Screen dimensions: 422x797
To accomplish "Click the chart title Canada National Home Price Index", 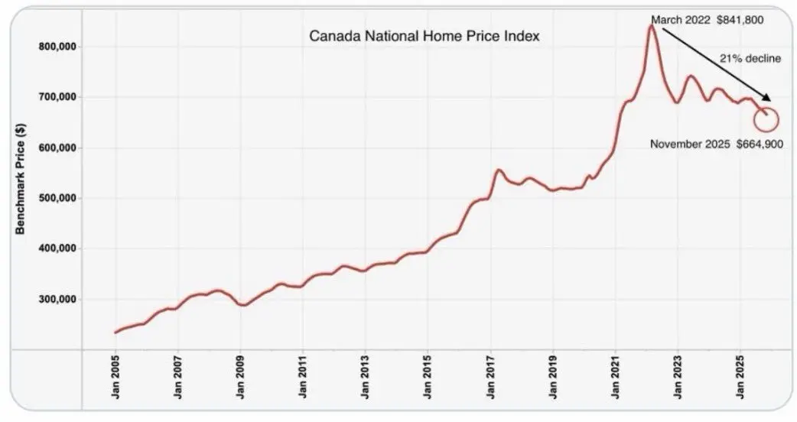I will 425,36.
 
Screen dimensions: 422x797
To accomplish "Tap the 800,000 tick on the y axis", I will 60,47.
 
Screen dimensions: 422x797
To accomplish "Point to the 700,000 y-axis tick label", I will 60,97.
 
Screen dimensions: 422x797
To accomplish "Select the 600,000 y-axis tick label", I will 60,148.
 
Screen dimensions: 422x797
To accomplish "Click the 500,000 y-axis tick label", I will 60,198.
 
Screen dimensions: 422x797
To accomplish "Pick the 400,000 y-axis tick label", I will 60,248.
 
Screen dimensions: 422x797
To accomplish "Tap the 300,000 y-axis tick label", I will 60,299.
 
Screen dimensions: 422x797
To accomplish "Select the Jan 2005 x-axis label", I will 115,380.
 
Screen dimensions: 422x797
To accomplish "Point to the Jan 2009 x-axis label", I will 240,380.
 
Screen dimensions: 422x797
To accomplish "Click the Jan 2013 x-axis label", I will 365,380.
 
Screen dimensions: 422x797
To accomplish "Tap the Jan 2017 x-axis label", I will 490,380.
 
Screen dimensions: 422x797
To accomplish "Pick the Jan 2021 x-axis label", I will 615,380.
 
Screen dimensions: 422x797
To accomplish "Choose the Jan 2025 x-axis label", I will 740,380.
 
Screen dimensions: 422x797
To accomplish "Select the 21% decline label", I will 749,58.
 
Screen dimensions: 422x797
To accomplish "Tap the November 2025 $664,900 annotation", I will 716,144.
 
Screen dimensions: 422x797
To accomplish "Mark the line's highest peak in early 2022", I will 651,26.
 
